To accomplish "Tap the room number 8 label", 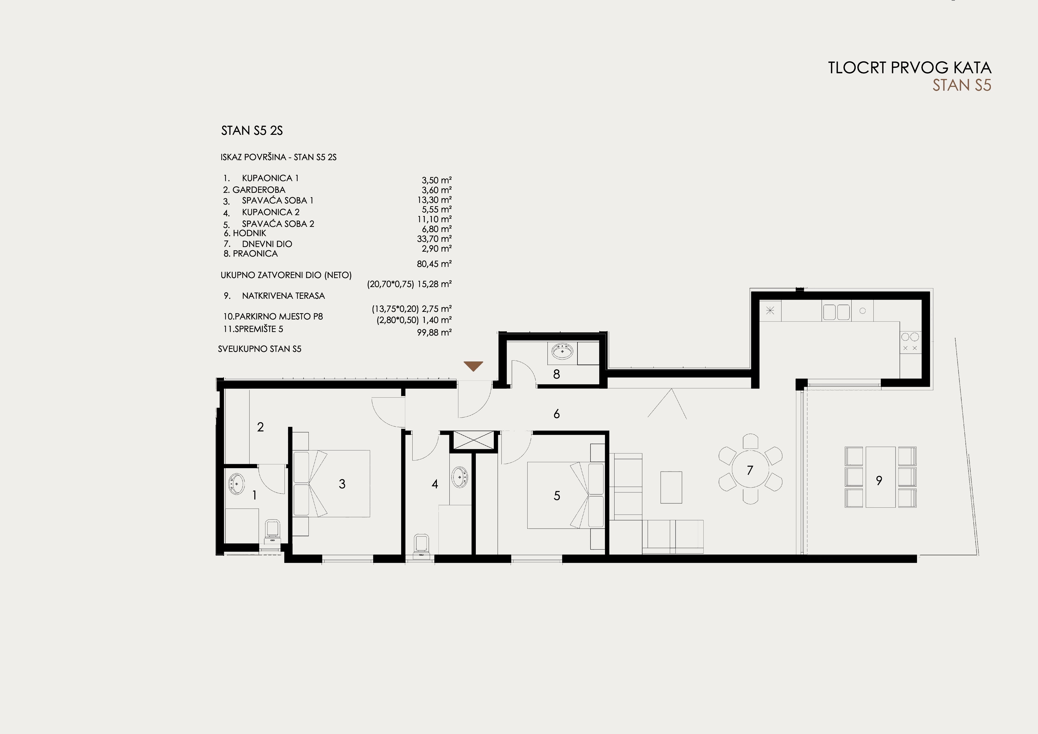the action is tap(556, 374).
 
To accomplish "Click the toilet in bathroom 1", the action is tap(272, 531).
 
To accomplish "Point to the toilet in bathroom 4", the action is tap(421, 545).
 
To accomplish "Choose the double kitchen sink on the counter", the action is tap(836, 312).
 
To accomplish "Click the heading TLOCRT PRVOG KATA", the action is tap(910, 68).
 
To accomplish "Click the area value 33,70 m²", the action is tap(434, 239).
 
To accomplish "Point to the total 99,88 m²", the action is tap(434, 332).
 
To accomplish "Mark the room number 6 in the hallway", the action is tap(556, 413).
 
